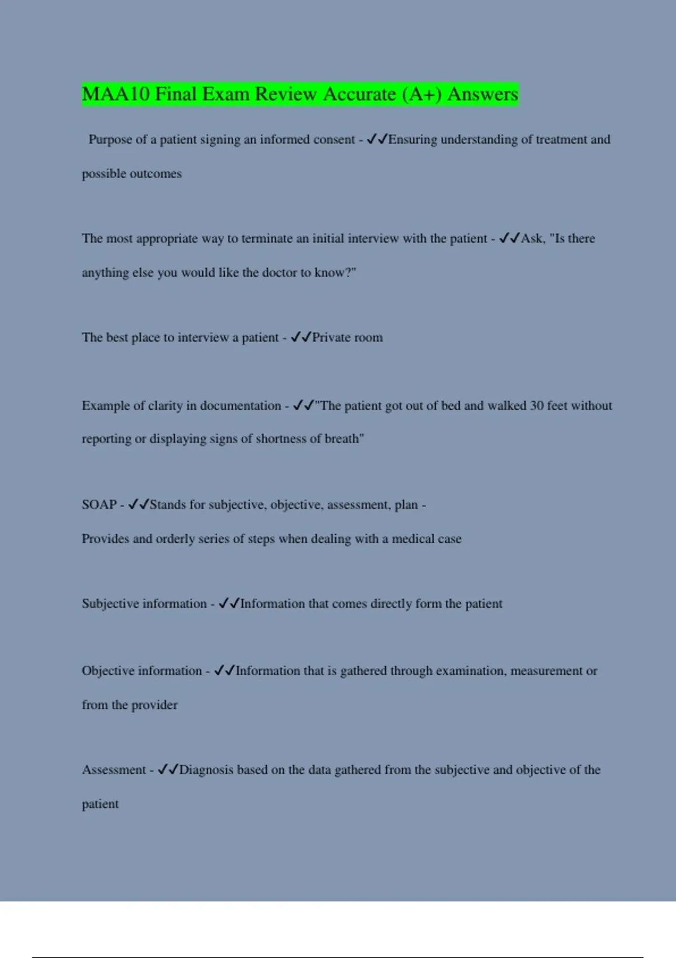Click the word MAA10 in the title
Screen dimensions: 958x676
coord(116,94)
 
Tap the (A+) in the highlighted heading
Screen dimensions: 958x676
coord(422,94)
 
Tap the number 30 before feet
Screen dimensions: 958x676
coord(536,406)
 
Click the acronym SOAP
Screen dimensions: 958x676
coord(99,505)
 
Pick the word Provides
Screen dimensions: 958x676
coord(105,539)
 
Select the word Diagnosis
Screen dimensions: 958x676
coord(206,770)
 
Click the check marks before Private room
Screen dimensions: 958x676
coord(301,338)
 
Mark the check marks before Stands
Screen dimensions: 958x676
coord(138,505)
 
